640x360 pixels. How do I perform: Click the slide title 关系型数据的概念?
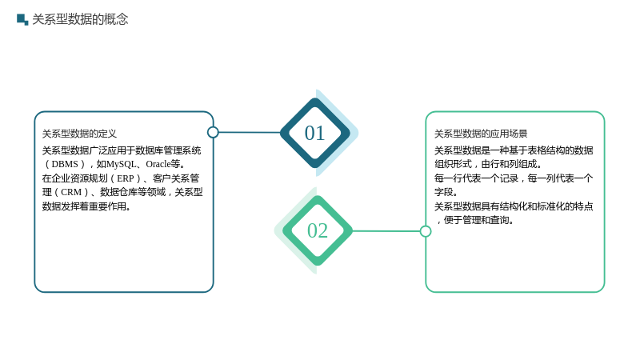click(x=80, y=19)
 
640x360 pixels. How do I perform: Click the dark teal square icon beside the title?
click(x=22, y=19)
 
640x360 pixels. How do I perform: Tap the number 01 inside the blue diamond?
click(x=314, y=133)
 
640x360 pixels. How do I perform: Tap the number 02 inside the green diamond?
click(x=318, y=230)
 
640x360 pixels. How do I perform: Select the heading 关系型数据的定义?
click(x=79, y=134)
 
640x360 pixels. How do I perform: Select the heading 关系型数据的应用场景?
click(x=481, y=134)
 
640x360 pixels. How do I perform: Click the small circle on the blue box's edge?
click(x=213, y=132)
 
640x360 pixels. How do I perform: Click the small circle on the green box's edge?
click(x=426, y=231)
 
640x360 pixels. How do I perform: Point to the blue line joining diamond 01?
click(x=250, y=132)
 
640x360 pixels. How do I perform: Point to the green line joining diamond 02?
click(x=386, y=231)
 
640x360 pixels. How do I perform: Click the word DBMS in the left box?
click(x=65, y=164)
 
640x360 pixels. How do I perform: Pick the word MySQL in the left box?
click(x=122, y=164)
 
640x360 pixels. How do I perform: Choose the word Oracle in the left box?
click(x=158, y=164)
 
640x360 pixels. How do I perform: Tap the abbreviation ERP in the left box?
click(x=126, y=178)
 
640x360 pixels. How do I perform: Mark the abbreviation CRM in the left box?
click(x=71, y=192)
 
